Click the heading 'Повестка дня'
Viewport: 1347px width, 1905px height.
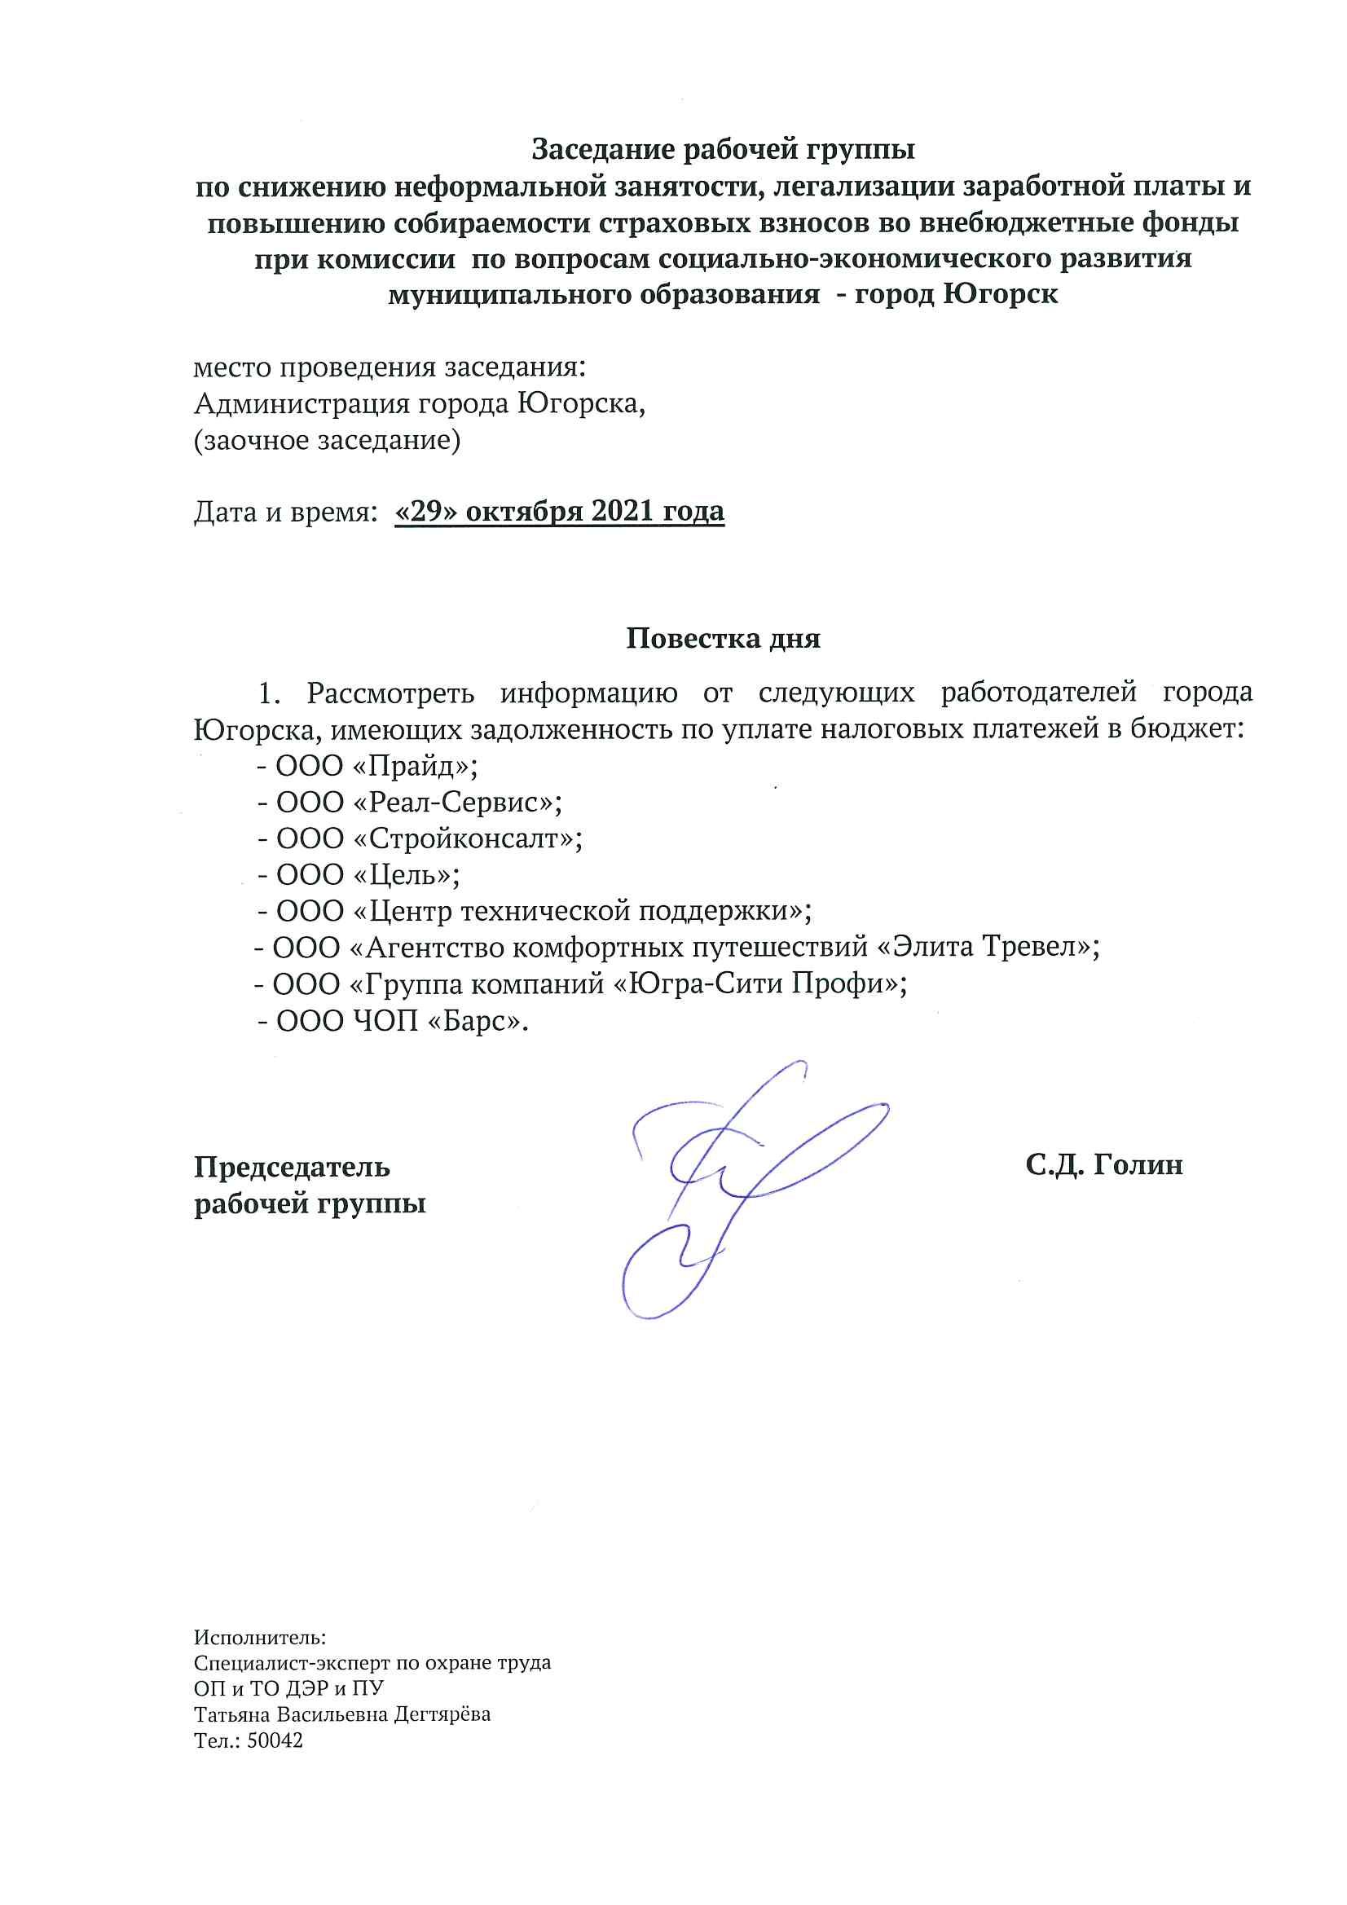point(722,638)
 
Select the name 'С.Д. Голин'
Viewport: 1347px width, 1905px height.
point(1103,1165)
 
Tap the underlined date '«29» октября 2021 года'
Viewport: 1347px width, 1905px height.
point(560,511)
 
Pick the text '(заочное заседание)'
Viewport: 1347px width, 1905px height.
point(327,441)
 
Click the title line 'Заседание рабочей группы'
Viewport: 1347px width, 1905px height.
point(722,149)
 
